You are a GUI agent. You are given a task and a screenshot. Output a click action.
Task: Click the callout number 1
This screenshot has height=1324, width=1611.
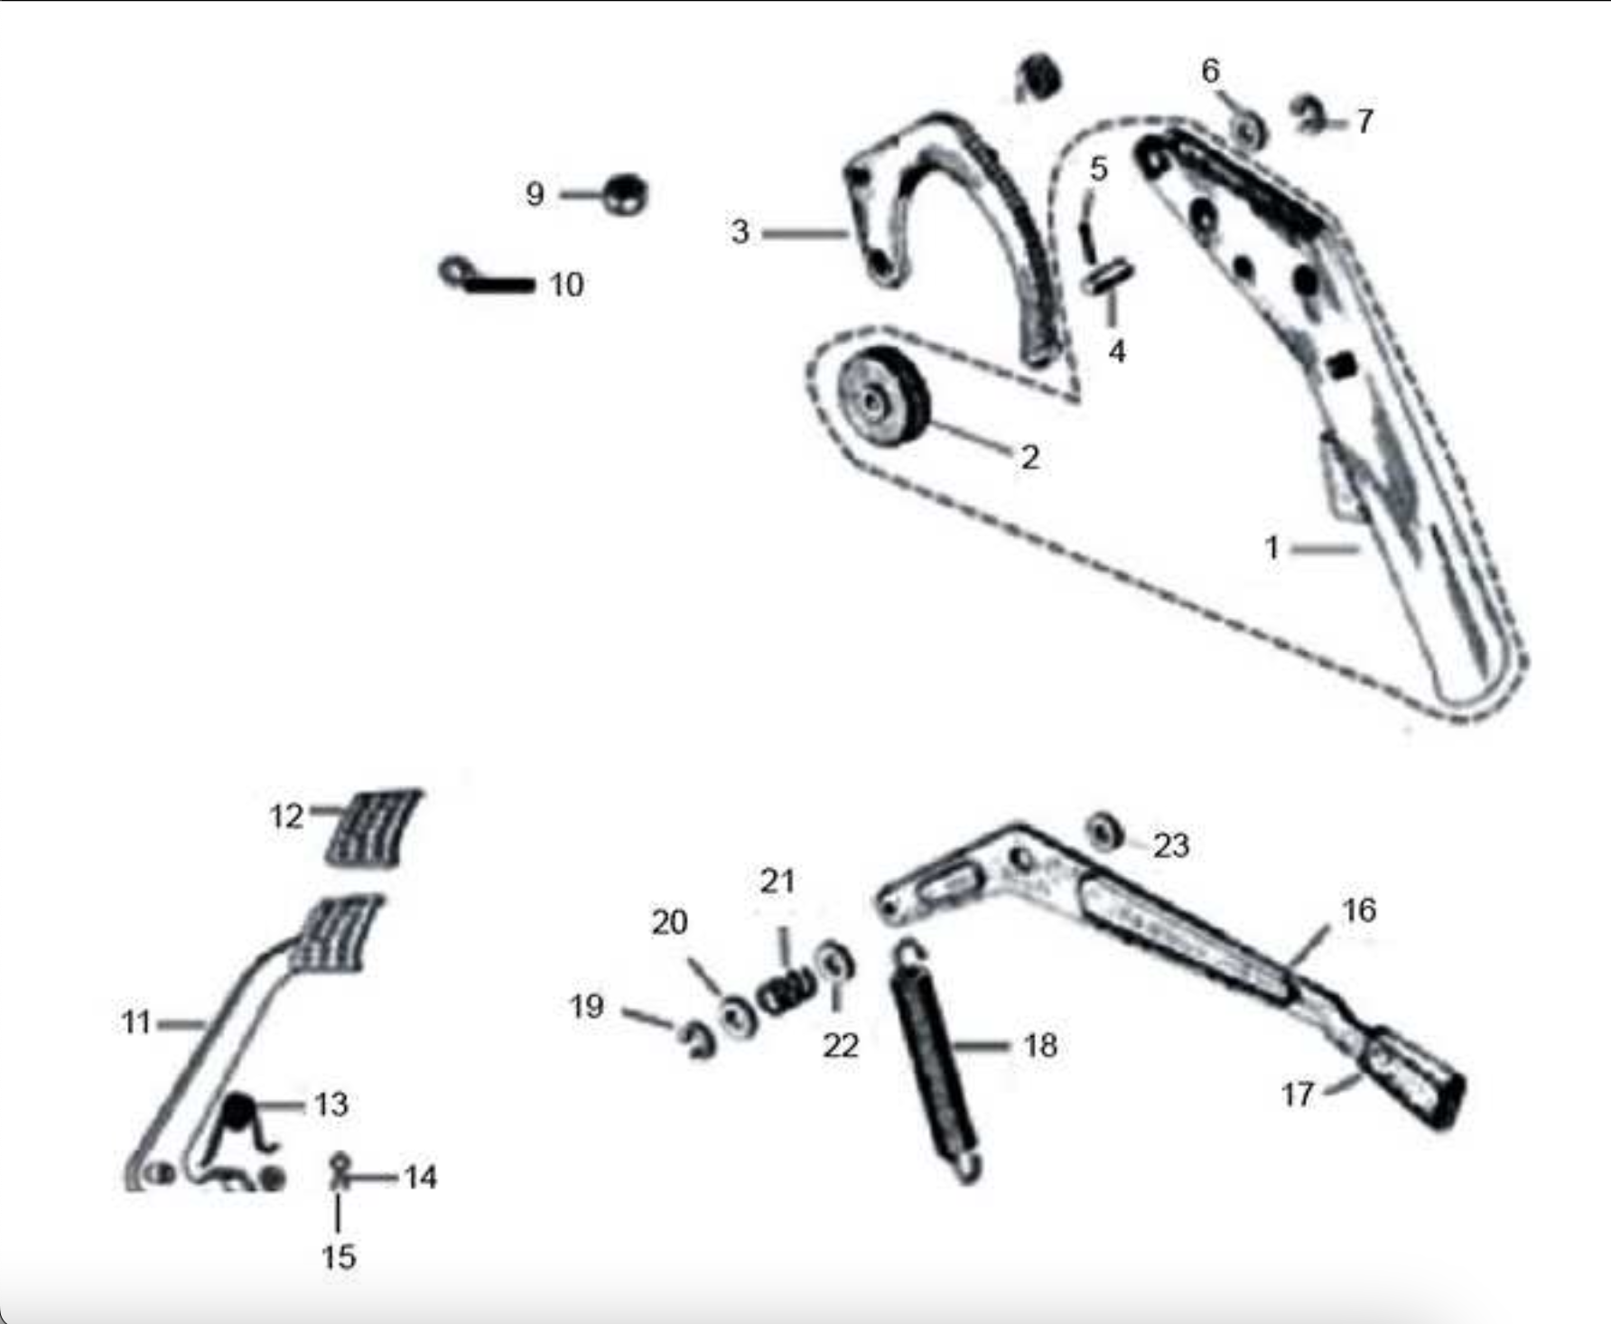[1272, 547]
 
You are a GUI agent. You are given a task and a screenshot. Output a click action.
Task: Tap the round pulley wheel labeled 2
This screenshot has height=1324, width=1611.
[882, 396]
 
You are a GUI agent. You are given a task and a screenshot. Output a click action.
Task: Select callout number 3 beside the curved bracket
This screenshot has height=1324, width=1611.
[740, 232]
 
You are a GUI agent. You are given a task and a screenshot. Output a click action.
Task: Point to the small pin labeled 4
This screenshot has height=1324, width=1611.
[1107, 275]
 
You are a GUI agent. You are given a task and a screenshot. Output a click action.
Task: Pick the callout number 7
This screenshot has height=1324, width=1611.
[1364, 121]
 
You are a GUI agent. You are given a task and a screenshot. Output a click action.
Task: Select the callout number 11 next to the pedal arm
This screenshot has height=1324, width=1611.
[136, 1022]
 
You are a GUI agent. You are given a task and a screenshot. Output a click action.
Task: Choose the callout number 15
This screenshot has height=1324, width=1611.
[339, 1256]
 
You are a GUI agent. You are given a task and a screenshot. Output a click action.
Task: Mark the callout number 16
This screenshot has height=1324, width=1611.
[1359, 909]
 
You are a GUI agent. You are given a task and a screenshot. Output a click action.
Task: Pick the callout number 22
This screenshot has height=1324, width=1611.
[840, 1046]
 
